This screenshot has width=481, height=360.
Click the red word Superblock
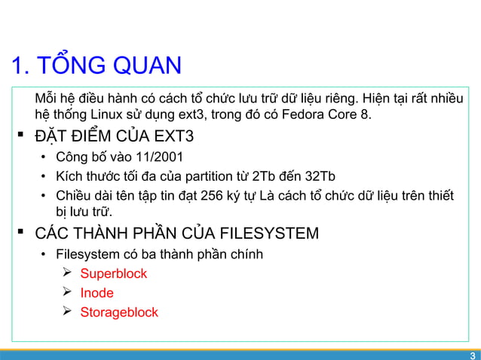point(114,273)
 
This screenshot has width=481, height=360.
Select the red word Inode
point(97,293)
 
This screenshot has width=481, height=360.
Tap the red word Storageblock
point(119,312)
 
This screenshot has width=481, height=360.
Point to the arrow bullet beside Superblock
point(66,273)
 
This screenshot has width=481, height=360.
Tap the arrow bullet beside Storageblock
point(66,312)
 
